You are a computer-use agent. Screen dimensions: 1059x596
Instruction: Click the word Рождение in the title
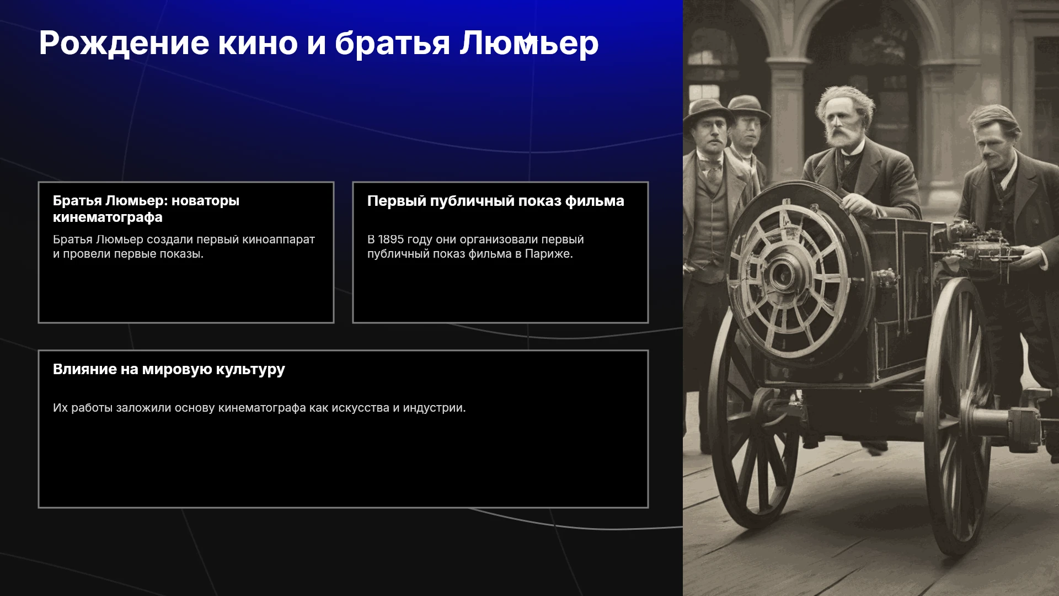point(124,44)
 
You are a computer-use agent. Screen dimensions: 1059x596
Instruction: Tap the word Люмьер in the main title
point(529,44)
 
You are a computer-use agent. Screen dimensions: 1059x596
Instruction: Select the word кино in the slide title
point(258,44)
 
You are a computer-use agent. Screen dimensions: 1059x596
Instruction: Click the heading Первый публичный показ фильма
point(496,201)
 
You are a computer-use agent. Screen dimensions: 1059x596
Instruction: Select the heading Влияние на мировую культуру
point(169,369)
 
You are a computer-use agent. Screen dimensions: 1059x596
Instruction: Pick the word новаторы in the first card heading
point(205,201)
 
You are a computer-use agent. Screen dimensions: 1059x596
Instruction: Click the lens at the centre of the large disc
point(782,275)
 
